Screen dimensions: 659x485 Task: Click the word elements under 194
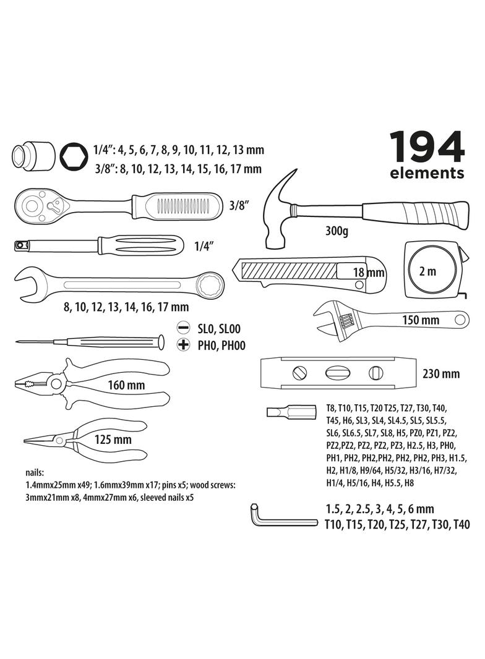click(426, 174)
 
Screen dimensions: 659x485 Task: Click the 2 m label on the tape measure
click(427, 271)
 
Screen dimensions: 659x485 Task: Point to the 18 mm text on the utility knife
click(369, 272)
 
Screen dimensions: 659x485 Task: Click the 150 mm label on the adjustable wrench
click(420, 320)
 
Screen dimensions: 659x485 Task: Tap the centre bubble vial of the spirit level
click(337, 373)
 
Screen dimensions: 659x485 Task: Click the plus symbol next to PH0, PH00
click(182, 346)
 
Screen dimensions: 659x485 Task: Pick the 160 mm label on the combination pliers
click(126, 385)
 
